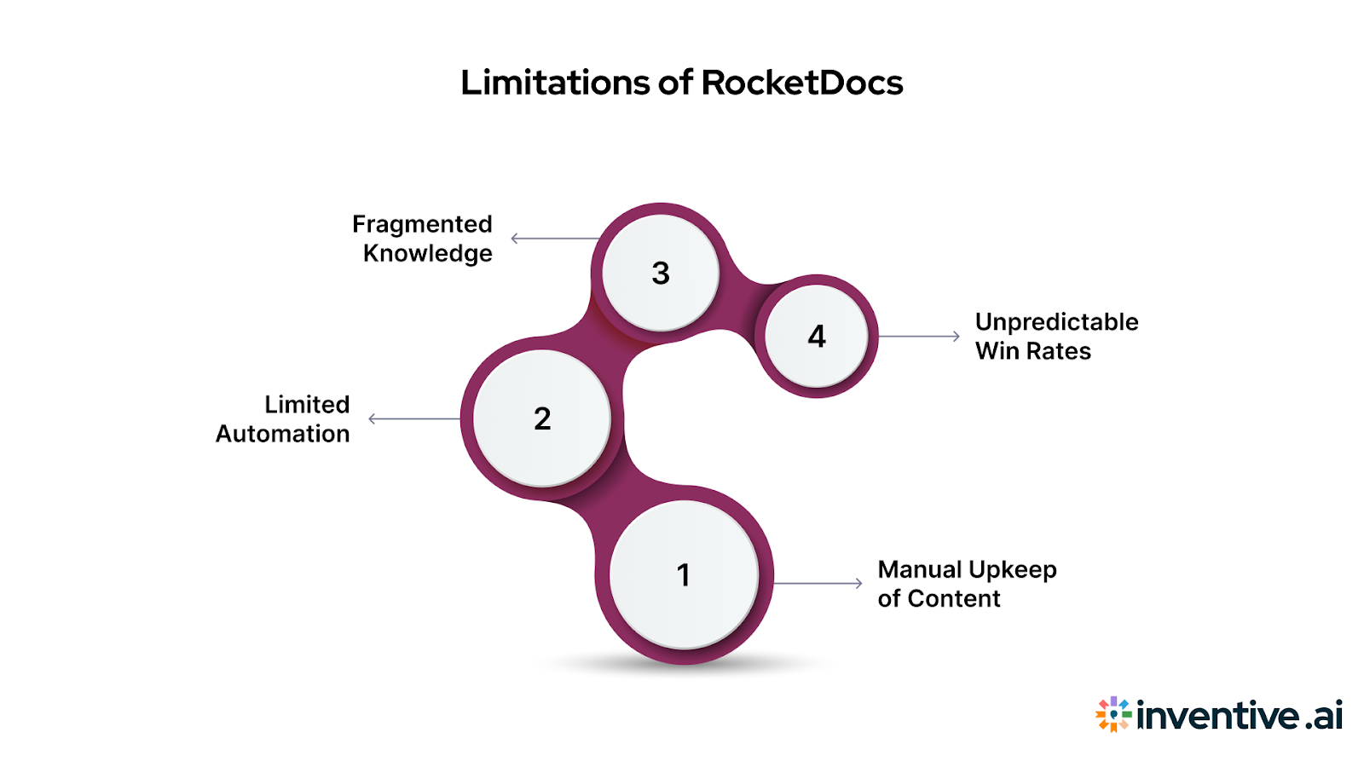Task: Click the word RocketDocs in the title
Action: pos(801,83)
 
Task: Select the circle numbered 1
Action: pos(684,574)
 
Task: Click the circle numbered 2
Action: pos(542,418)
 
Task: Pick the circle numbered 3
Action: pos(661,273)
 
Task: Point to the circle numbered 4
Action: pos(817,336)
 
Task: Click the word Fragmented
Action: pos(422,224)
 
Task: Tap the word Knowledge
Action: pos(427,253)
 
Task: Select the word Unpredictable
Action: pos(1056,322)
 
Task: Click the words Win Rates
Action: pos(1032,351)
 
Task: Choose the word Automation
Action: pos(282,434)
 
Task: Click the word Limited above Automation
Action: pos(307,404)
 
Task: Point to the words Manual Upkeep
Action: pos(967,569)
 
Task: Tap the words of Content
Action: pos(939,598)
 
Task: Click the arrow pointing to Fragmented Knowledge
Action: pos(554,239)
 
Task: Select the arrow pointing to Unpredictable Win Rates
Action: pos(919,337)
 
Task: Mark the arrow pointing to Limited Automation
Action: pos(413,418)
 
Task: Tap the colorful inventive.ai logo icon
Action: pos(1113,714)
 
